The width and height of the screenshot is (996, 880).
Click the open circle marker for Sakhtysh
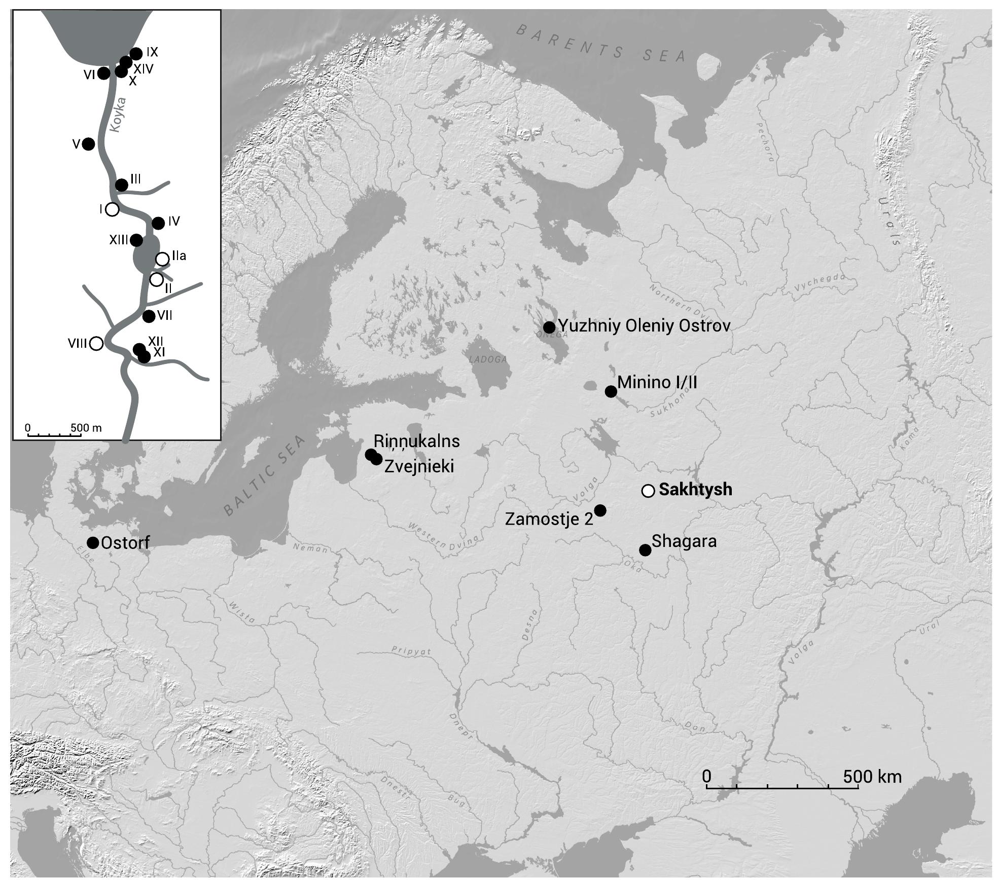(648, 491)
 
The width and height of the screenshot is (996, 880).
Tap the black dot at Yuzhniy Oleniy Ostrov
(549, 327)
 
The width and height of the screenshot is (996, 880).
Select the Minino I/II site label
(657, 383)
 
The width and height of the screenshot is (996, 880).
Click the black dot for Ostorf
(93, 543)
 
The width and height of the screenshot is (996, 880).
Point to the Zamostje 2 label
(549, 519)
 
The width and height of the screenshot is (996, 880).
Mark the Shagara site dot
(645, 550)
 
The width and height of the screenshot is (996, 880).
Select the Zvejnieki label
(419, 466)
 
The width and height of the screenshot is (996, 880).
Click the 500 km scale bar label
(872, 777)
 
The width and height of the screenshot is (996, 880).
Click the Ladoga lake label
(488, 359)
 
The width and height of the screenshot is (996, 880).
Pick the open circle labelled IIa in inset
(162, 259)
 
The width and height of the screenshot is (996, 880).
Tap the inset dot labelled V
(88, 144)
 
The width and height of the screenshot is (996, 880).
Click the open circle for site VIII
(96, 344)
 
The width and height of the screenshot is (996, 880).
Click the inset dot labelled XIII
(136, 240)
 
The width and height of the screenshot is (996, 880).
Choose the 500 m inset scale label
(86, 428)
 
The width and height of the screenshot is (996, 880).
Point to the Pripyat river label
(411, 651)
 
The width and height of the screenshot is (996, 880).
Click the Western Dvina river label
(443, 536)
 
